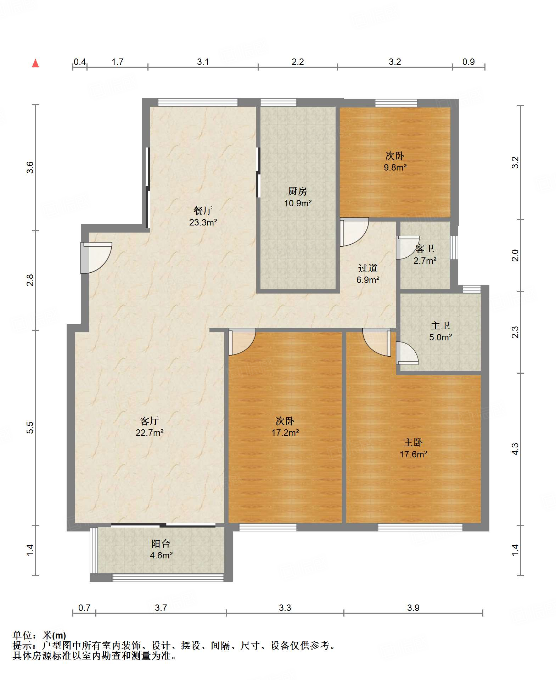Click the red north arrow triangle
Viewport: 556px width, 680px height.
[x=35, y=63]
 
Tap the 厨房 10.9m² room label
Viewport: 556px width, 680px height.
[x=298, y=197]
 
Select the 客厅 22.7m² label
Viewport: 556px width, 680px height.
[x=149, y=427]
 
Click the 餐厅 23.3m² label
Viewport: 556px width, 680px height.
[x=203, y=216]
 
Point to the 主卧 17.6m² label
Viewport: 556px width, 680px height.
[x=413, y=448]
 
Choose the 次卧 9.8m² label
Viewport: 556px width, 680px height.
[x=395, y=161]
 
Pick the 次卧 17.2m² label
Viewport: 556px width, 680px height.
[x=285, y=427]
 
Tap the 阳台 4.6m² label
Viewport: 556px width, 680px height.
[x=161, y=549]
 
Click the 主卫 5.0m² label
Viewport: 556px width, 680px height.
[x=440, y=331]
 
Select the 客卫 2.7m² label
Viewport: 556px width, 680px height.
[x=425, y=254]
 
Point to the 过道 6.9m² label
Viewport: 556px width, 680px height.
[x=367, y=274]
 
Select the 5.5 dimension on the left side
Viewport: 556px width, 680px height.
[x=30, y=427]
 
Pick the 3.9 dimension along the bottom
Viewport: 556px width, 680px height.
[x=413, y=608]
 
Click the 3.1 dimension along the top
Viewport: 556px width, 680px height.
[x=203, y=62]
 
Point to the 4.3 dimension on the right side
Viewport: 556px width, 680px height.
[x=515, y=449]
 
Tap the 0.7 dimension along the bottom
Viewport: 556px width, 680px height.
[x=84, y=608]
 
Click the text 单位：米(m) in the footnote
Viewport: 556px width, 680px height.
[x=39, y=635]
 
